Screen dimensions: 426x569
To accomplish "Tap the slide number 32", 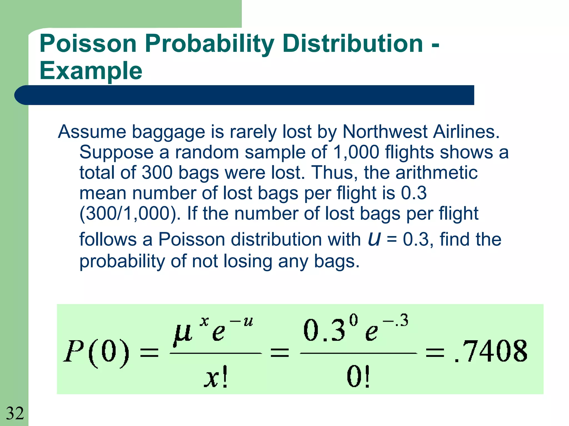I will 15,413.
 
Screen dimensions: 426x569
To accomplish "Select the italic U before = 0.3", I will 374,239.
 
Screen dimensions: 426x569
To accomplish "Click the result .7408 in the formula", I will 490,352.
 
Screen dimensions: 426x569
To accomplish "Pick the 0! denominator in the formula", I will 358,377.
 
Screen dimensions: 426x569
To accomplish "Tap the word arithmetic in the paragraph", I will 436,173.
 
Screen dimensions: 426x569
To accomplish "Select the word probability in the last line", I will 122,261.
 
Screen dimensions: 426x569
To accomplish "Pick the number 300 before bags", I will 157,173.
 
